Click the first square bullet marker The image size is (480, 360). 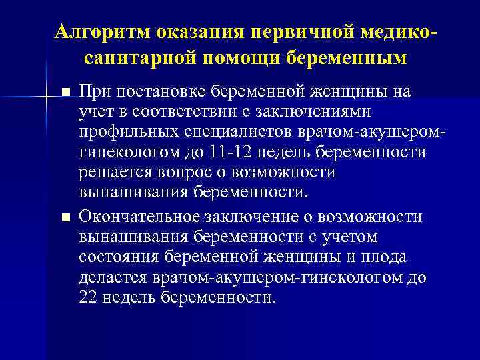click(65, 91)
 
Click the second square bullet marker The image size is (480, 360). click(65, 218)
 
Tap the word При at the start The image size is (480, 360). click(95, 91)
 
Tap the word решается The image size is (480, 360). click(111, 173)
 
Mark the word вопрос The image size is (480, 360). click(178, 173)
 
